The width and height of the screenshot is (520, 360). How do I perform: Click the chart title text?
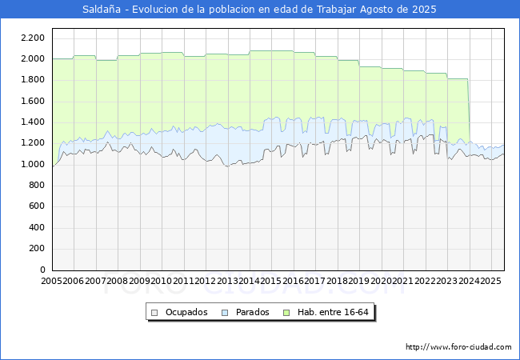[x=260, y=10]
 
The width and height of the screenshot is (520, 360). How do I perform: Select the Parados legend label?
[x=247, y=312]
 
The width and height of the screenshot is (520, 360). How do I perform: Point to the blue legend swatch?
[x=225, y=312]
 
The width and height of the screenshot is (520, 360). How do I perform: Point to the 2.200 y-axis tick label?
[x=32, y=38]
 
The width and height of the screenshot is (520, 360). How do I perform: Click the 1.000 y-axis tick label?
[x=32, y=164]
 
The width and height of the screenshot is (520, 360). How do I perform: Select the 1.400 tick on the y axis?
[x=32, y=122]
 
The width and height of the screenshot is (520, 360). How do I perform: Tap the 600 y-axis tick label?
[x=36, y=206]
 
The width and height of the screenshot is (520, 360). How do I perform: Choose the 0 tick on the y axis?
[x=42, y=270]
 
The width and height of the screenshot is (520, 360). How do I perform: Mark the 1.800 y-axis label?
[x=32, y=80]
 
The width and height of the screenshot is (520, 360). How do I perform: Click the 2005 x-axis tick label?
[x=52, y=281]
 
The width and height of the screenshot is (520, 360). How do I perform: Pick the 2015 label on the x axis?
[x=271, y=281]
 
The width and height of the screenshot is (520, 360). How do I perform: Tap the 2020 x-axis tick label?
[x=381, y=281]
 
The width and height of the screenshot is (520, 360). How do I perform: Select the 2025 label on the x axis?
[x=490, y=281]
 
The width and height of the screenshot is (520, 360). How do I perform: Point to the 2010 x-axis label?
[x=162, y=281]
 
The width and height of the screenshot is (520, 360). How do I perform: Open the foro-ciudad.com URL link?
[x=458, y=347]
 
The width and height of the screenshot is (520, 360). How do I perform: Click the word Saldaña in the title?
[x=100, y=10]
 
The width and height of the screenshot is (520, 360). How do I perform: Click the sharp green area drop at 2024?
[x=468, y=112]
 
